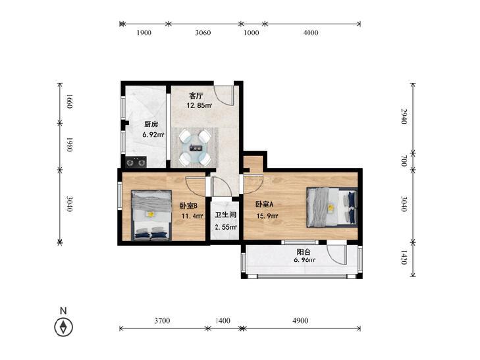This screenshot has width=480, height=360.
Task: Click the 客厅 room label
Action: [x=196, y=95]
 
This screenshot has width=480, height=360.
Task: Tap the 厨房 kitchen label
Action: [x=151, y=124]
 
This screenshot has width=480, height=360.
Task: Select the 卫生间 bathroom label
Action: [x=226, y=215]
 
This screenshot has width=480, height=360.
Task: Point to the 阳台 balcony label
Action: [x=304, y=252]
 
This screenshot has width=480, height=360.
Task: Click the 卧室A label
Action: [x=265, y=204]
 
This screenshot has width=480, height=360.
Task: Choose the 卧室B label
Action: [x=188, y=205]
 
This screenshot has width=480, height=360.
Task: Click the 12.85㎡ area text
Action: [x=200, y=106]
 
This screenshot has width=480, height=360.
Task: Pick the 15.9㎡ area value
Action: [x=267, y=217]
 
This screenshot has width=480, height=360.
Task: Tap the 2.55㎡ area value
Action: [x=226, y=227]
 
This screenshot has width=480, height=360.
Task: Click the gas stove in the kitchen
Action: [x=136, y=162]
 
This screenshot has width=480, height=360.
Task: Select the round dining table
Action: [x=196, y=147]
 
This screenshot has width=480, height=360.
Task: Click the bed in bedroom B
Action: [x=151, y=215]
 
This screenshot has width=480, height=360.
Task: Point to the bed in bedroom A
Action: [x=332, y=207]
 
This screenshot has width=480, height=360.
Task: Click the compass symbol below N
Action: [x=63, y=327]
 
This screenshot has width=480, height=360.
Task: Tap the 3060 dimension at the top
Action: [x=203, y=32]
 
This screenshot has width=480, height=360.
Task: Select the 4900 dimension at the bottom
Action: [x=300, y=321]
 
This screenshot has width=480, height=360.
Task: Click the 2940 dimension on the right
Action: [x=404, y=116]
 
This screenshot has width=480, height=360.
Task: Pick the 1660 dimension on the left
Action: [x=69, y=101]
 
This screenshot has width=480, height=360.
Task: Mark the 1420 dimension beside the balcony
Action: [x=404, y=257]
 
